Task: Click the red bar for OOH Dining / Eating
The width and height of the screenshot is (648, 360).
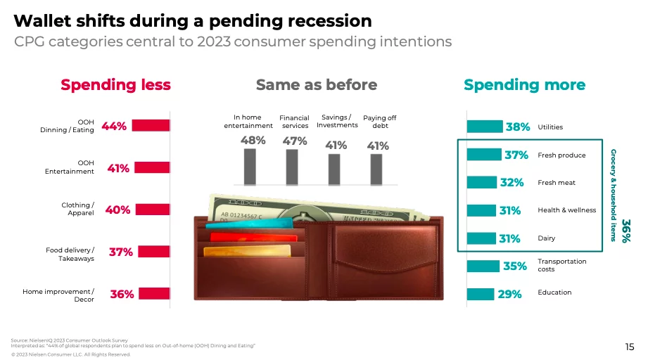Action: pyautogui.click(x=151, y=125)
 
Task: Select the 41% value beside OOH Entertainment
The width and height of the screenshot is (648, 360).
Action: pyautogui.click(x=118, y=169)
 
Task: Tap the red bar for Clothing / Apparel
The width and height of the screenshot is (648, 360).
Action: pyautogui.click(x=153, y=210)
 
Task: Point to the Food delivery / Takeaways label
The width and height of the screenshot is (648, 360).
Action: pyautogui.click(x=70, y=255)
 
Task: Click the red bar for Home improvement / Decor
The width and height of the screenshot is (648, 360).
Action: pyautogui.click(x=154, y=293)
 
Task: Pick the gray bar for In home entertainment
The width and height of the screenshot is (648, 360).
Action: pyautogui.click(x=250, y=167)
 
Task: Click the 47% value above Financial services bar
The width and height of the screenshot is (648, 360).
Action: pyautogui.click(x=295, y=141)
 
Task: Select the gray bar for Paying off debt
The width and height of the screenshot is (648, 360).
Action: pyautogui.click(x=376, y=169)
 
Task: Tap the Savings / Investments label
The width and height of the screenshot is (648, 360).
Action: pyautogui.click(x=337, y=122)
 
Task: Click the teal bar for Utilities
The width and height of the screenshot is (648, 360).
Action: pyautogui.click(x=485, y=127)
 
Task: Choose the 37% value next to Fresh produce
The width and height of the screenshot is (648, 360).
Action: pyautogui.click(x=516, y=155)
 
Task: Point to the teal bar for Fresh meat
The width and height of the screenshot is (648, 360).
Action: pyautogui.click(x=482, y=183)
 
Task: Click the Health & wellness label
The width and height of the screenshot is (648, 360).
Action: pyautogui.click(x=566, y=210)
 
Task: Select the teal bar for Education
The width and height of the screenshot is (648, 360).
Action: pyautogui.click(x=481, y=295)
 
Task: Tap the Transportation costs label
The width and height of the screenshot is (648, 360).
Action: pyautogui.click(x=561, y=265)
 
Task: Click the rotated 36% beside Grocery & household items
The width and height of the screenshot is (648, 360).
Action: pyautogui.click(x=625, y=231)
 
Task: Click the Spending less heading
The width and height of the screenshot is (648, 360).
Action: pyautogui.click(x=115, y=84)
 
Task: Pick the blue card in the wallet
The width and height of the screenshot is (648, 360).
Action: pyautogui.click(x=249, y=224)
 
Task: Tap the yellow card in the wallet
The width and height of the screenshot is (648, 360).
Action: pyautogui.click(x=247, y=251)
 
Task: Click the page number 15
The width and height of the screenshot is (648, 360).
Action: pyautogui.click(x=630, y=347)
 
